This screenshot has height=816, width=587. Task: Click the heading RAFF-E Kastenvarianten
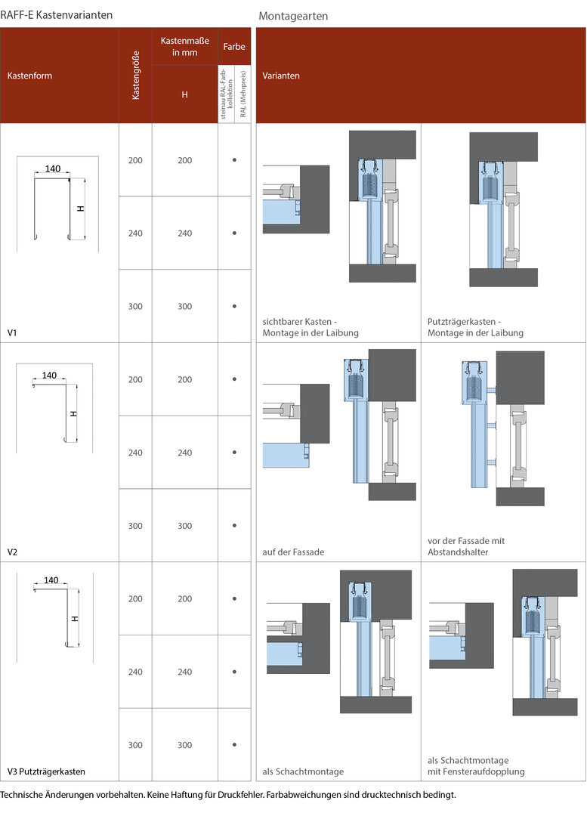(x=56, y=15)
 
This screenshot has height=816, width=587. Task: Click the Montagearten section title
(x=293, y=16)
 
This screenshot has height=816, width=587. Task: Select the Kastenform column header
(x=29, y=76)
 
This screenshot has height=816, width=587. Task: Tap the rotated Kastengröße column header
(x=136, y=76)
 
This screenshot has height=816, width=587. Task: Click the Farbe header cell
(x=234, y=46)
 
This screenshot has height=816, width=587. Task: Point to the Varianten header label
(x=281, y=76)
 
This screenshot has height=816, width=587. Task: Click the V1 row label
(x=12, y=332)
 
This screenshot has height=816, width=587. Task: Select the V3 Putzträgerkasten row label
(x=46, y=771)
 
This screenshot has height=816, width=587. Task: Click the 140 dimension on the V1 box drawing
(x=53, y=168)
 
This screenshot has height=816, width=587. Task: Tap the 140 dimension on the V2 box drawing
(x=49, y=376)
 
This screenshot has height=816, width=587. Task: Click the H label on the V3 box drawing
(x=75, y=618)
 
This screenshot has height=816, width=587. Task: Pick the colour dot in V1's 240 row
(x=234, y=233)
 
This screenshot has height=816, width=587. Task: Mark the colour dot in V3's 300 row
(x=234, y=745)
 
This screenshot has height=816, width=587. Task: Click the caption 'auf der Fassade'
(x=293, y=552)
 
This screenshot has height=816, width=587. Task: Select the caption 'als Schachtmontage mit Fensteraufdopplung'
(x=476, y=765)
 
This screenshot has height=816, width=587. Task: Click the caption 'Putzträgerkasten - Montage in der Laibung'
(x=475, y=327)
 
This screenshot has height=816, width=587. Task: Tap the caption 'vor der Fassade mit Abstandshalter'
(x=466, y=546)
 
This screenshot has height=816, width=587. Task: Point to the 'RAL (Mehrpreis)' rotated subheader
(x=243, y=94)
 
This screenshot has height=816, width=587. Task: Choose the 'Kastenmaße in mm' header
(x=185, y=46)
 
